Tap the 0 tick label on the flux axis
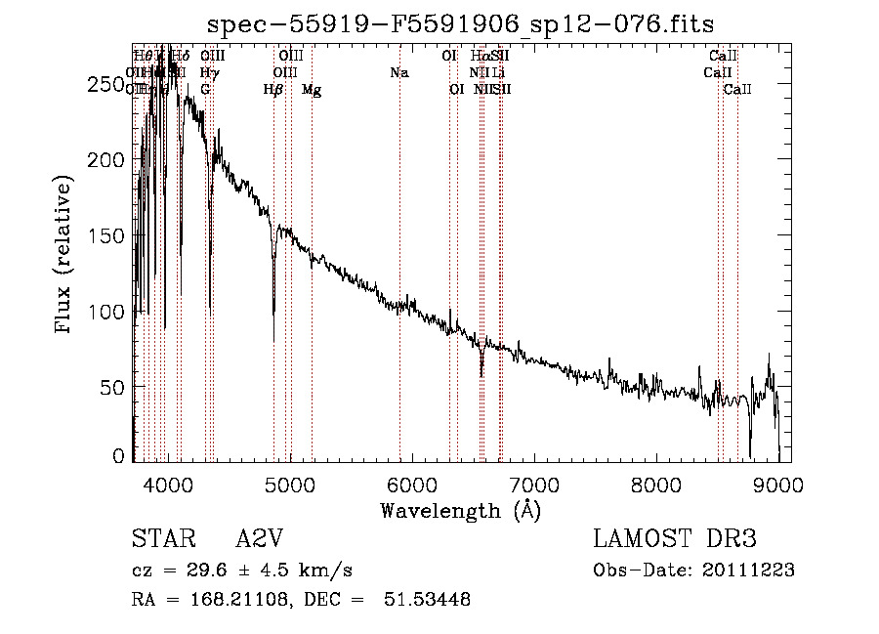coord(119,455)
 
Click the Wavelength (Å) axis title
coord(460,510)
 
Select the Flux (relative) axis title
coord(65,256)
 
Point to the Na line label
coord(398,73)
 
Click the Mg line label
coord(312,90)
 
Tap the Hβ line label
coord(273,90)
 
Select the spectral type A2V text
coord(261,539)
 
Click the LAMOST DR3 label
coord(675,539)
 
